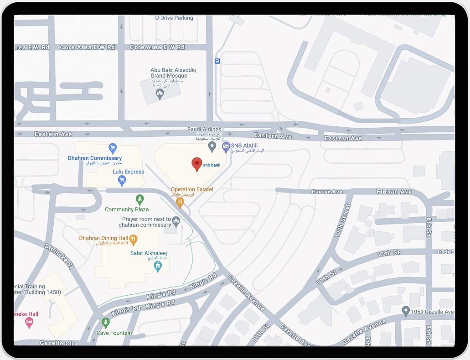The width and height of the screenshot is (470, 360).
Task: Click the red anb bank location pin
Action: coord(196,164)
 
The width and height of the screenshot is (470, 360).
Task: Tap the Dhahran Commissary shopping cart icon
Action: coord(113,148)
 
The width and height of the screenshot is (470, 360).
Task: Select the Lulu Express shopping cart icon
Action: coord(122,181)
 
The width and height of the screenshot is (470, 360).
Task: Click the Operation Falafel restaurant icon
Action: coord(180,201)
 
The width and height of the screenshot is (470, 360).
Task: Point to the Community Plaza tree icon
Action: coord(140,199)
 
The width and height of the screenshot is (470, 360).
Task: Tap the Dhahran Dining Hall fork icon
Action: coord(134,238)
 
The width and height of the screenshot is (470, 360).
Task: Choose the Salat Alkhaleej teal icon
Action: coord(158,266)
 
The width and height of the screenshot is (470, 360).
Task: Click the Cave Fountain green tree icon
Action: coord(106,323)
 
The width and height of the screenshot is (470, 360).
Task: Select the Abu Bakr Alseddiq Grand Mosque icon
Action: coord(160,94)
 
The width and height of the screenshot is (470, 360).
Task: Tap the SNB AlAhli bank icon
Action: coord(226,147)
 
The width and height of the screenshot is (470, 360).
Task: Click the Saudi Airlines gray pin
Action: coord(212,146)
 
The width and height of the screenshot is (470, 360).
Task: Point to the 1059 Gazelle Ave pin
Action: coord(406,311)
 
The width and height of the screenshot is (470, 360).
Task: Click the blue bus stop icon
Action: coord(217,61)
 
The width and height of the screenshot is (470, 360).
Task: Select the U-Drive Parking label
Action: coord(174,18)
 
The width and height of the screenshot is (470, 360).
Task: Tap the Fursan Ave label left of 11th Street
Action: coord(327,192)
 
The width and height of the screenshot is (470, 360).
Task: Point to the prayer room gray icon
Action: coord(176,221)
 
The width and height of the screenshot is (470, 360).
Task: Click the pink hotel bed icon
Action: coord(29,323)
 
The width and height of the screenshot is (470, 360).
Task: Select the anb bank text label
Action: coord(212,165)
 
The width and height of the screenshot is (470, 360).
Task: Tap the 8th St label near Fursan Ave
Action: coord(429,227)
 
